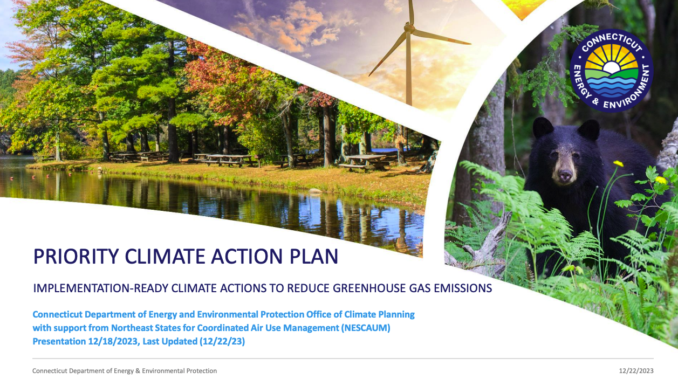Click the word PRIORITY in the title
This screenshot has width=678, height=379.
pos(76,257)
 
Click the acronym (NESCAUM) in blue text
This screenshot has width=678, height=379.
pos(366,328)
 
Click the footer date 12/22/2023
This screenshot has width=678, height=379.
pos(636,371)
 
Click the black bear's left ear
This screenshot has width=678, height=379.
pos(588,130)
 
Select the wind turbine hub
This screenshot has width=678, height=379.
pos(409,29)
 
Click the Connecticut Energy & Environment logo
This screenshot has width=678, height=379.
pos(612,71)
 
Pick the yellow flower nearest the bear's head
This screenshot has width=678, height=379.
pos(618,164)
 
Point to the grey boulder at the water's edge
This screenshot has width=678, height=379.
pos(315,190)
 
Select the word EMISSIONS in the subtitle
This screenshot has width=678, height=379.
pos(463,288)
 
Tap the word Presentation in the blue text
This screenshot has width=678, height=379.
pos(59,341)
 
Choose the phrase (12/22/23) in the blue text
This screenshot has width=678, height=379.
pos(222,341)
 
